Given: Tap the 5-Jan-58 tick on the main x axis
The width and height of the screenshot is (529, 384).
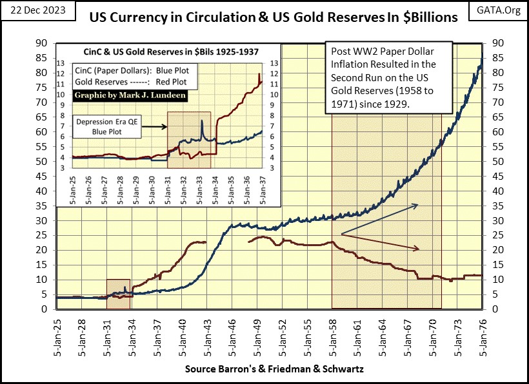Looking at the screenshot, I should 333,336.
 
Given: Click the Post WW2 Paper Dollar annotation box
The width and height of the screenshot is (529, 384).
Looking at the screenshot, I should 388,77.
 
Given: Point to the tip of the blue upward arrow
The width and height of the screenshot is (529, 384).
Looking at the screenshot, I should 418,205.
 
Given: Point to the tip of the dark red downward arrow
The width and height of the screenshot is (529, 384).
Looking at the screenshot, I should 420,249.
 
